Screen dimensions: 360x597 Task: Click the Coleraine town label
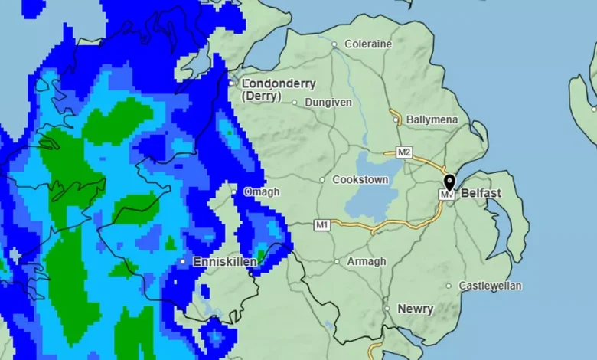click(x=368, y=44)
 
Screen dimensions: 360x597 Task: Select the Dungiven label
click(x=328, y=102)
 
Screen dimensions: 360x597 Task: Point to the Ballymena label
click(x=432, y=120)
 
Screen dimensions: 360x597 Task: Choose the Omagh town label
click(x=262, y=191)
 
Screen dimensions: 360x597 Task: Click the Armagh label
click(x=367, y=261)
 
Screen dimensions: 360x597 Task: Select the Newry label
click(x=416, y=309)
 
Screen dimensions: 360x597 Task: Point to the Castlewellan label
click(x=490, y=286)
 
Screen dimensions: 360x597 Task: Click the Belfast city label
click(x=481, y=193)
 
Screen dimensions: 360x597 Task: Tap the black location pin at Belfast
click(x=449, y=182)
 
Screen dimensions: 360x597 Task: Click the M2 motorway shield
click(x=404, y=151)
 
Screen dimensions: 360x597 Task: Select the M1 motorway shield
click(x=322, y=224)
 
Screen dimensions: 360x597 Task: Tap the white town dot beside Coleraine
click(x=334, y=44)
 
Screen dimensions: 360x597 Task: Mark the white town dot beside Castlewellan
click(x=449, y=286)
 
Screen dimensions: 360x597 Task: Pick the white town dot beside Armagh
click(x=337, y=261)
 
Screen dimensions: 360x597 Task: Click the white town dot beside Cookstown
click(x=322, y=180)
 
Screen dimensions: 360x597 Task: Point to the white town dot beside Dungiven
click(x=295, y=102)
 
